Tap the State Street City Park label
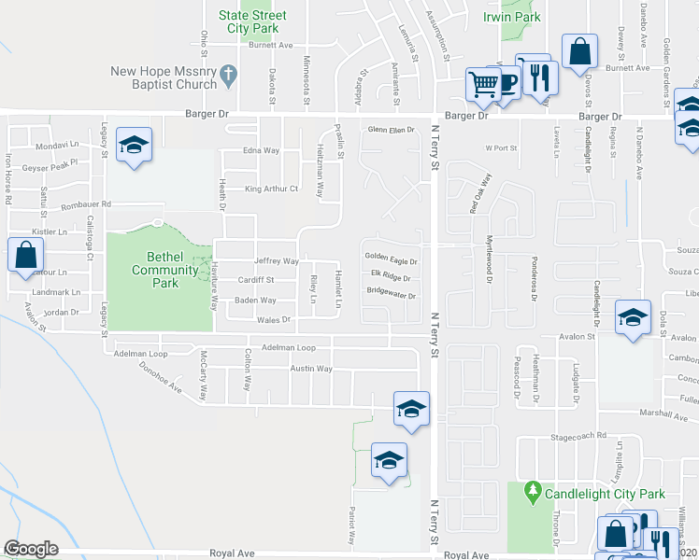(252, 22)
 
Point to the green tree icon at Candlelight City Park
(532, 490)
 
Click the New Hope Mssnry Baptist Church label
(164, 77)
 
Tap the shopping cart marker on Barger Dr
(483, 85)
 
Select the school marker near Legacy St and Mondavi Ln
(135, 146)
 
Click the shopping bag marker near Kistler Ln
(26, 255)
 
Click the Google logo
(31, 549)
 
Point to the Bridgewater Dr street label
(391, 294)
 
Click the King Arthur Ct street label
(271, 189)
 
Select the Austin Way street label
(311, 369)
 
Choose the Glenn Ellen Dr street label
(391, 130)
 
